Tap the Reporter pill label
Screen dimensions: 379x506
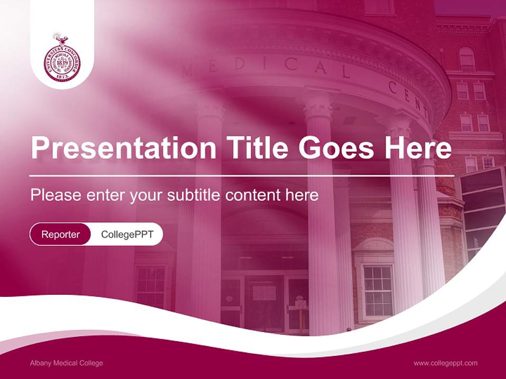[60, 235]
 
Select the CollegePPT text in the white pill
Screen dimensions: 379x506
[127, 235]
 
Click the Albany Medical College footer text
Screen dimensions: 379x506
[66, 363]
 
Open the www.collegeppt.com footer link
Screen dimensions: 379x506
[445, 363]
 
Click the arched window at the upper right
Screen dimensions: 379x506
[467, 59]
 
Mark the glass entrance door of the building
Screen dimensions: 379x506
[264, 300]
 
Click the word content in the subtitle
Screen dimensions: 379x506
[253, 195]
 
